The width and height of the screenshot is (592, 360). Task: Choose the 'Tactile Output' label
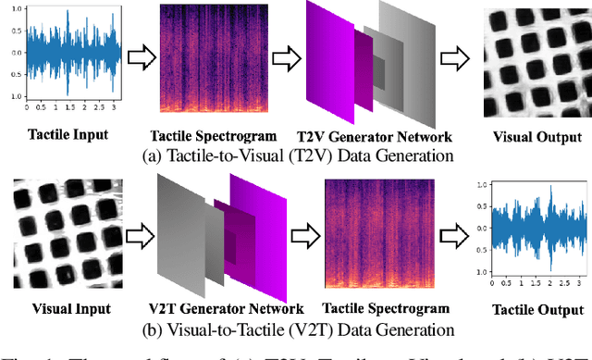[x=527, y=308]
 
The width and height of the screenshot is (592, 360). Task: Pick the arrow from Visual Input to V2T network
[x=139, y=231]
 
